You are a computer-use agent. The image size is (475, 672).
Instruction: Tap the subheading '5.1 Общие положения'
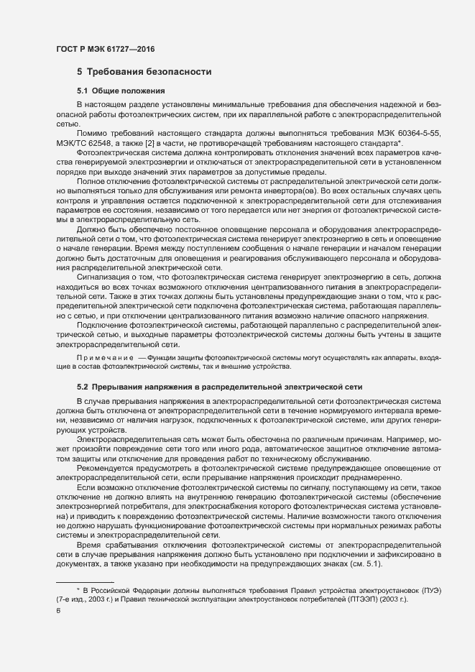pyautogui.click(x=121, y=91)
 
